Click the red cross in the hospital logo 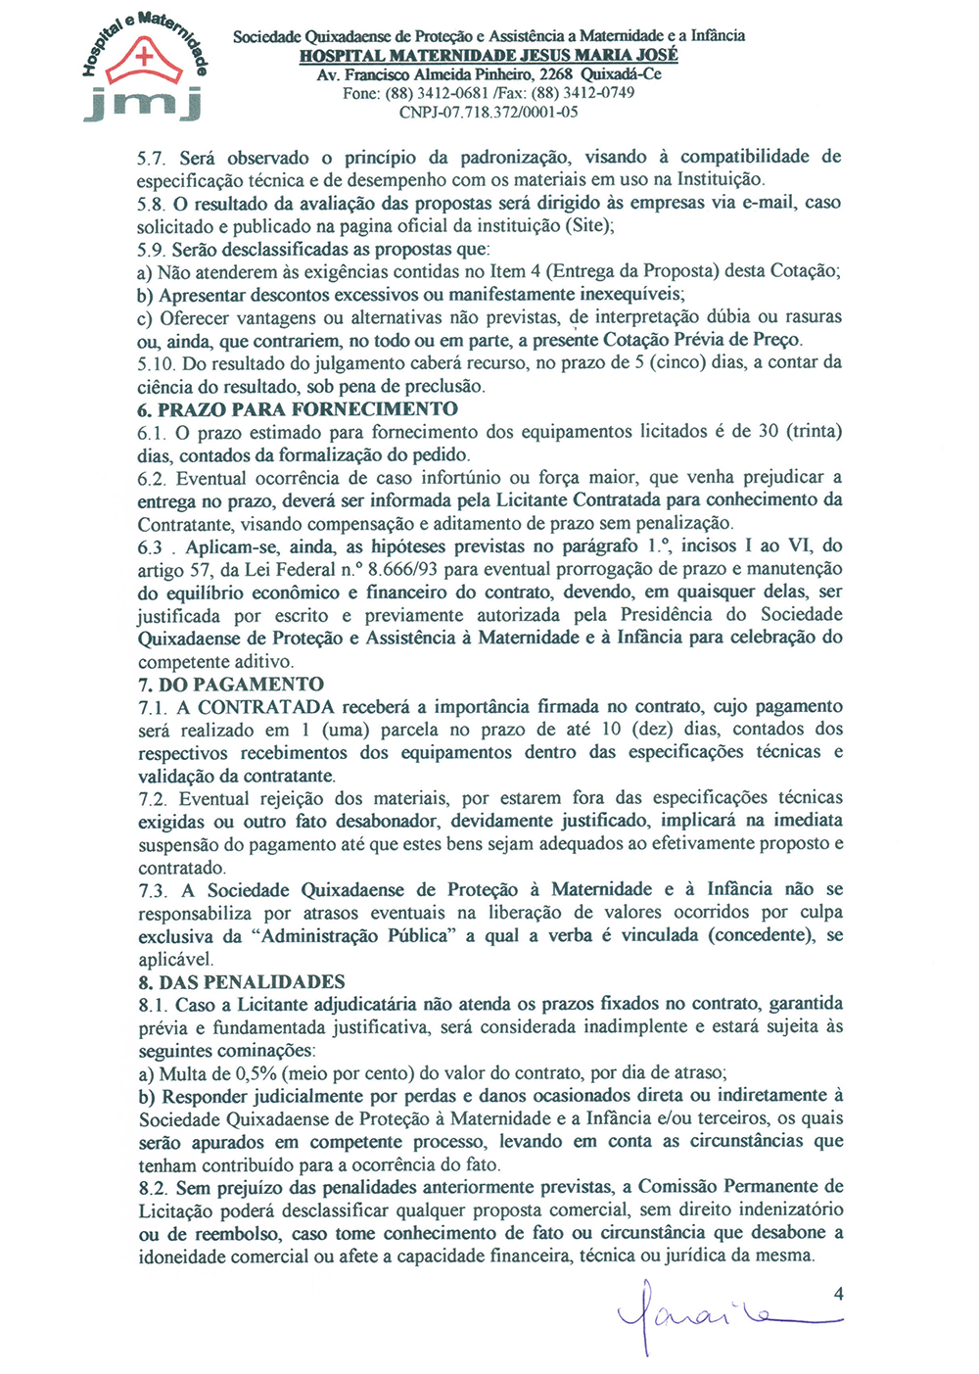145,57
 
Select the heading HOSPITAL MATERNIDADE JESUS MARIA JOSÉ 489,56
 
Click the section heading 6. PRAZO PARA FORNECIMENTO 298,409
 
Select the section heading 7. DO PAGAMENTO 231,684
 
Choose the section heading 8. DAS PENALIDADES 242,981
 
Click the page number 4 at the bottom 838,1294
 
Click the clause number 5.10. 157,363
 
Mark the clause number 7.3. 153,890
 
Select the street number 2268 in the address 556,74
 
